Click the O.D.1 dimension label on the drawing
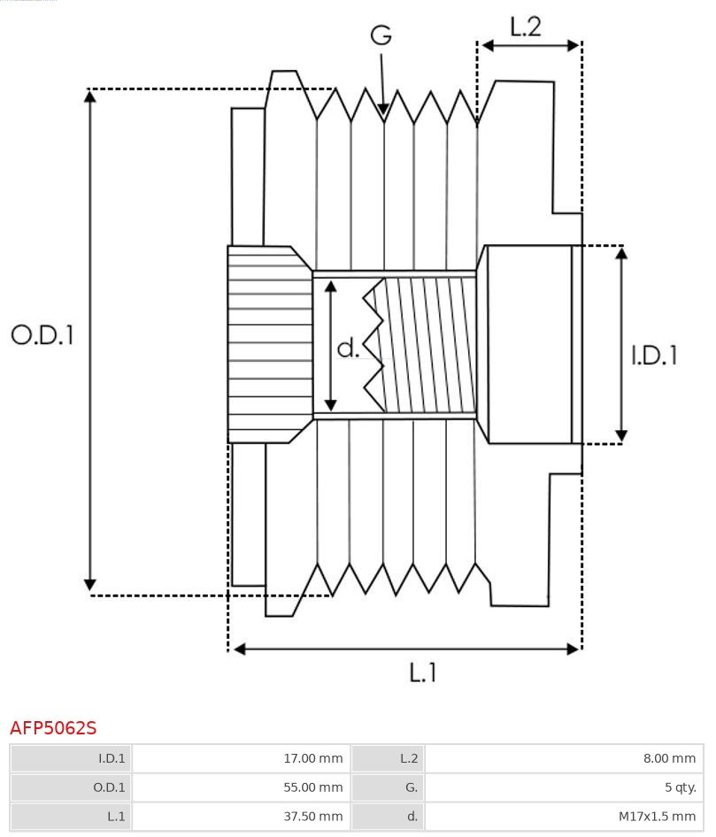tap(42, 334)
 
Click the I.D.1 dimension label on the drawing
tap(654, 355)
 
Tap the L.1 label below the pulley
tap(423, 672)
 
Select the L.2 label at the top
tap(525, 27)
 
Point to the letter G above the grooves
tap(381, 35)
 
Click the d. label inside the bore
tap(348, 349)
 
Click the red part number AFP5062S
tap(53, 728)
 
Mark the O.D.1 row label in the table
tap(71, 787)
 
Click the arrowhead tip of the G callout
tap(383, 112)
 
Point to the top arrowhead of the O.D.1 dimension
tap(89, 94)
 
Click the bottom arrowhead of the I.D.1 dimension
tap(621, 436)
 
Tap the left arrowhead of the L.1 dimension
tap(235, 649)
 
